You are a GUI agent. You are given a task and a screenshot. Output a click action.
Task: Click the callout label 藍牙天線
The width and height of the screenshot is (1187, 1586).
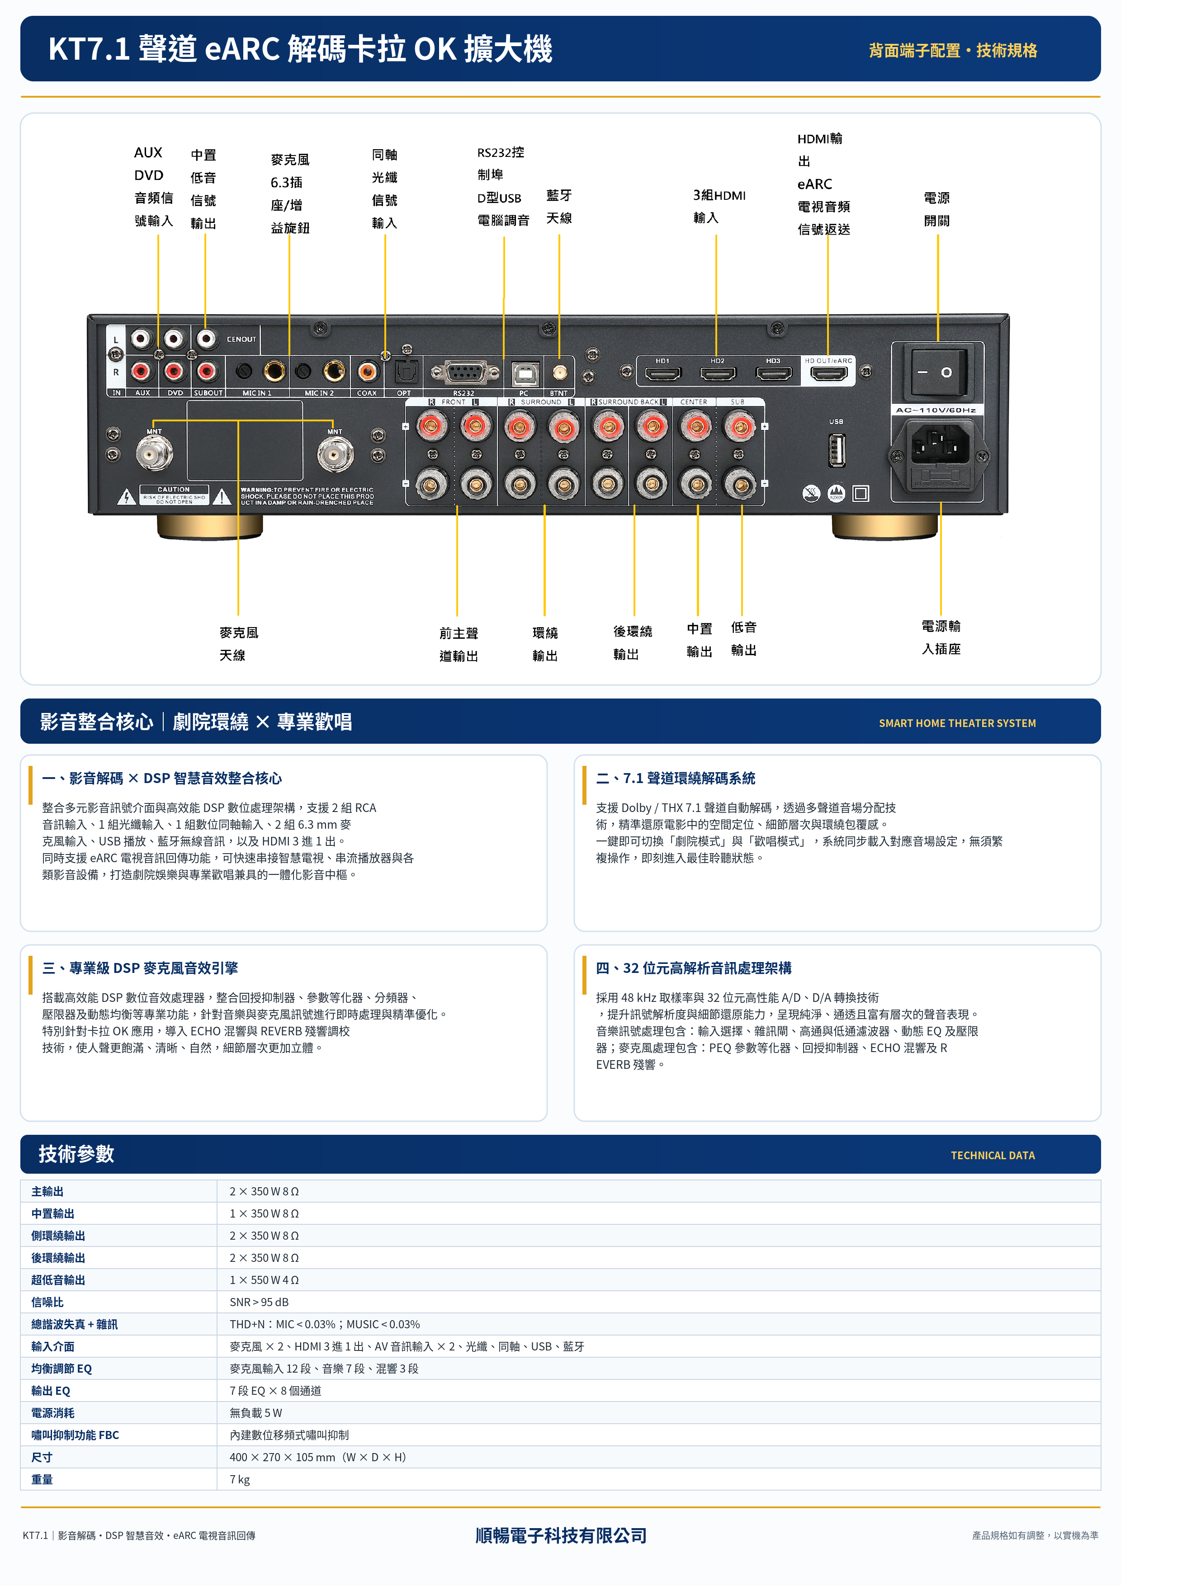coord(559,207)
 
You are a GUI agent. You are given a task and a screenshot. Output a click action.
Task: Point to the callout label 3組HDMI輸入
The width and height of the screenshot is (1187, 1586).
coord(719,207)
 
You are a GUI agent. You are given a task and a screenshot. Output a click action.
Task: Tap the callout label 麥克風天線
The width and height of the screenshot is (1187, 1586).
coord(238,643)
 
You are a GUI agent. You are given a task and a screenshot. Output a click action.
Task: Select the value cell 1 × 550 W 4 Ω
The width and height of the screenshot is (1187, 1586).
coord(264,1280)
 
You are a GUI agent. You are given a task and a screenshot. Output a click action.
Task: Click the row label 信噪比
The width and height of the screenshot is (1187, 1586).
coord(47,1302)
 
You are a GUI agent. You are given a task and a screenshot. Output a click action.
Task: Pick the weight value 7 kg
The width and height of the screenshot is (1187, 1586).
coord(240,1479)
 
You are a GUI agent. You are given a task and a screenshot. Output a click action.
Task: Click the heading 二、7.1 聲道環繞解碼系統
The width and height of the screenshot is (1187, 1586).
coord(675,778)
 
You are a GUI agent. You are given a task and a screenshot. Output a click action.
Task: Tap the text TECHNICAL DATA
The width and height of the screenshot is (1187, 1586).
coord(992,1155)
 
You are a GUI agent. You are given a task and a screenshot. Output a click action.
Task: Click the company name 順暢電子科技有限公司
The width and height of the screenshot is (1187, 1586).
coord(561,1535)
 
